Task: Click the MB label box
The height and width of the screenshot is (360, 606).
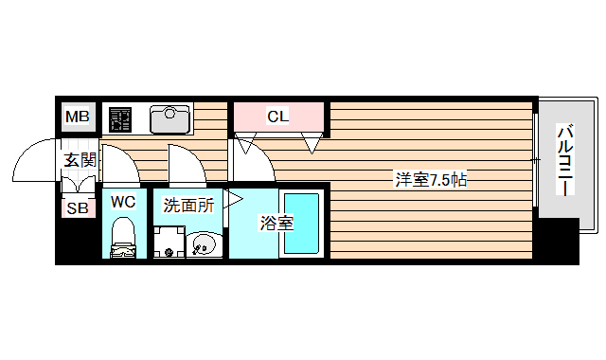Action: pos(77,117)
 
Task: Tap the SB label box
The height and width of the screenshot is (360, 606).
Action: pos(76,208)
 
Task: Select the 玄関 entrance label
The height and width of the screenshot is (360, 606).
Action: pos(80,160)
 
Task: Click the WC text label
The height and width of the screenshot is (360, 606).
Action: pos(123,201)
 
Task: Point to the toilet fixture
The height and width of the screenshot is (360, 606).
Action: pos(123,239)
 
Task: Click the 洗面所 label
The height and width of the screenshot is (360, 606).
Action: pos(188,204)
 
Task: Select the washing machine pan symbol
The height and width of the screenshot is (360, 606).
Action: pos(169,243)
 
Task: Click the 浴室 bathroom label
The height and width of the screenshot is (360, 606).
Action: pos(276,224)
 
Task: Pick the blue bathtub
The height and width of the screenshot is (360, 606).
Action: pos(302,224)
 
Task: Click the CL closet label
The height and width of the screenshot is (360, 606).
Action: pos(277,117)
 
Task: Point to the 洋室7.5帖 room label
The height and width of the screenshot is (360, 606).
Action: pos(431,179)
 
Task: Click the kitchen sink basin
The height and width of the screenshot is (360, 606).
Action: pos(170,117)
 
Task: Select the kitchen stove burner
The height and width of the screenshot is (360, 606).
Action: pos(121,118)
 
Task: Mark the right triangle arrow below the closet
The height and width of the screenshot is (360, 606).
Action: pos(311,145)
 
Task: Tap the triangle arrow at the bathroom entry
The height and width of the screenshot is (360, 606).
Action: pos(233,199)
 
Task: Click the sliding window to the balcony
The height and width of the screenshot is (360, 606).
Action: pos(537,163)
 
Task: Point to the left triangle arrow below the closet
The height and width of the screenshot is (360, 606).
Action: pos(244,145)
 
